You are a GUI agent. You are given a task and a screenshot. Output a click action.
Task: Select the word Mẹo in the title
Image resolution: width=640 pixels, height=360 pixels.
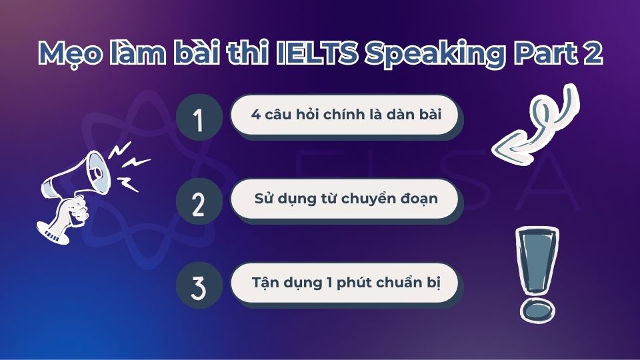click(70, 54)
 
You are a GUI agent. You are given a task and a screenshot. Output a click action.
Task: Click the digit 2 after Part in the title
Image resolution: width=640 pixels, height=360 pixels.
click(593, 53)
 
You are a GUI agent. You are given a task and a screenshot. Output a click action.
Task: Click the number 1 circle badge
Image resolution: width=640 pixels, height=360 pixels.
click(199, 117)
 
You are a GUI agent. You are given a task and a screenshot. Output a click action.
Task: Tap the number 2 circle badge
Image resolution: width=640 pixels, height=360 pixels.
click(199, 201)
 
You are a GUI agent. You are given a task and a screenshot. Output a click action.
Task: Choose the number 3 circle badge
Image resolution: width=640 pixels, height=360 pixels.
click(199, 285)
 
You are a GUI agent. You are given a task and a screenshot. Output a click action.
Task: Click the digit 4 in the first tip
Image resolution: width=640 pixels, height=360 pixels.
click(256, 115)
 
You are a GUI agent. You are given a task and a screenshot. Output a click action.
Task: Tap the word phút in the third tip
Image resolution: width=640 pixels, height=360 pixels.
click(353, 283)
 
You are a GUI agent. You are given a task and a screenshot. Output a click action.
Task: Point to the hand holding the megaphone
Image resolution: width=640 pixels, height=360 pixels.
click(75, 210)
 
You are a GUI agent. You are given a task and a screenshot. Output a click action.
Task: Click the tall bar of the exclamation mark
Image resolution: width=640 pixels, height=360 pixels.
click(537, 259)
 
